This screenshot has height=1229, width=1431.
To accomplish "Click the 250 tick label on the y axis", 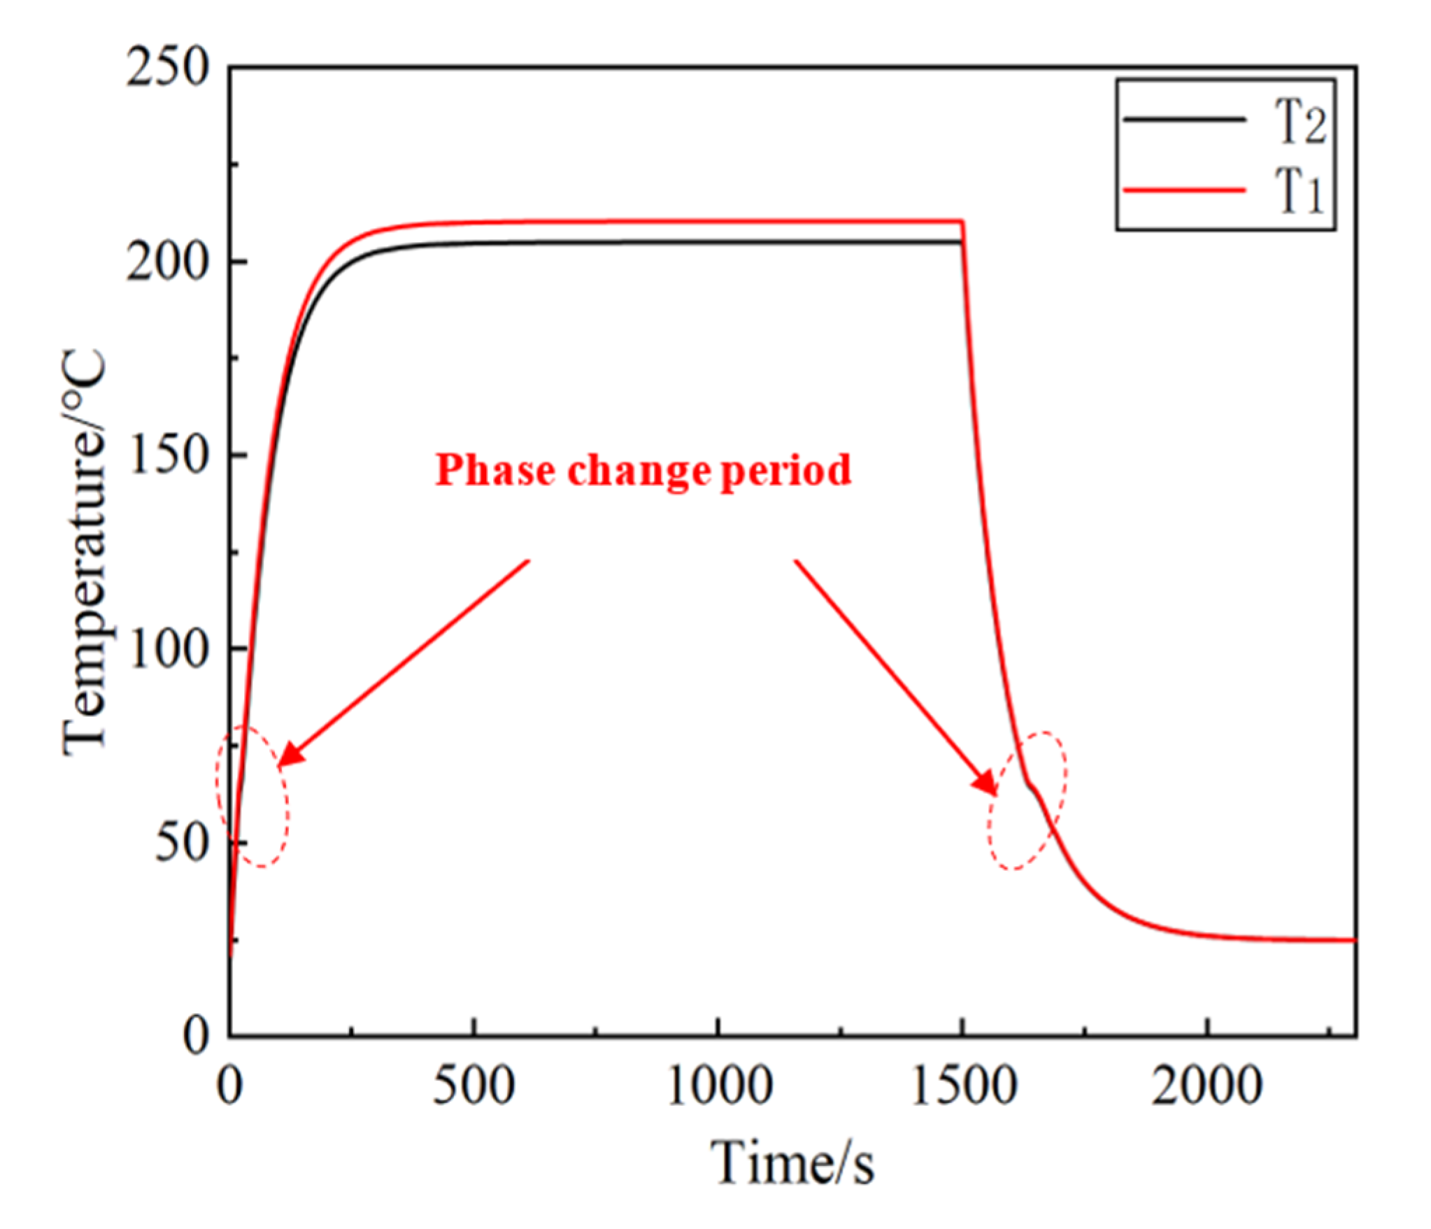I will point(168,69).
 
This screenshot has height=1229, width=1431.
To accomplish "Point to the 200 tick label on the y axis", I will point(168,263).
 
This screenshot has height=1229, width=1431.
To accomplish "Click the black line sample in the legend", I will point(1184,120).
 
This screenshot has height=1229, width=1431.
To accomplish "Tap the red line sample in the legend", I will point(1184,190).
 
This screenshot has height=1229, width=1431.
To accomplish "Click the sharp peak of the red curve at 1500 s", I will point(964,222).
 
